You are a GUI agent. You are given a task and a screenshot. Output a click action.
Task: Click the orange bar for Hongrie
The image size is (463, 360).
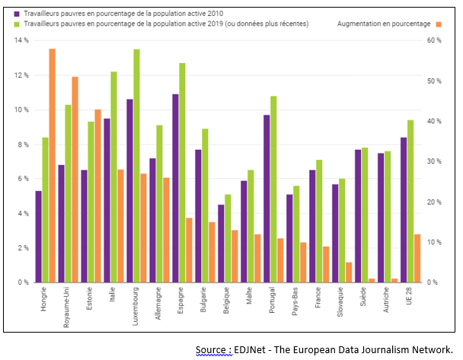pos(53,165)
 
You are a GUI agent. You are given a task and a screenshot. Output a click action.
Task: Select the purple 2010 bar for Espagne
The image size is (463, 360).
pos(175,188)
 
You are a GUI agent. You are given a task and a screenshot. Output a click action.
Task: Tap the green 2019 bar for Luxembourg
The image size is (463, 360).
pos(136,165)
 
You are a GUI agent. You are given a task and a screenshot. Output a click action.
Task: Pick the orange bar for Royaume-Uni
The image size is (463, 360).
pos(75,179)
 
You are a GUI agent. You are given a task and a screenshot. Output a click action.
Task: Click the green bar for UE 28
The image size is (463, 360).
pos(410,201)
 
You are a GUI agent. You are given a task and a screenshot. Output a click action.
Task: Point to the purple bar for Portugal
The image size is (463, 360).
pos(267,198)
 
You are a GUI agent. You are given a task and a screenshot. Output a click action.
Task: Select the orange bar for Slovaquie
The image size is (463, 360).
pos(350,272)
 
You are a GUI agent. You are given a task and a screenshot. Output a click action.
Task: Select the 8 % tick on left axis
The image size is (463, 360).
pos(22,144)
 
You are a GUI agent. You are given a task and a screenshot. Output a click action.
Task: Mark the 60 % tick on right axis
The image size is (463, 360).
pos(434,40)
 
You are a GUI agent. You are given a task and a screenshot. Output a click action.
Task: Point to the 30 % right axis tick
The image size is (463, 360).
pos(434,161)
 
